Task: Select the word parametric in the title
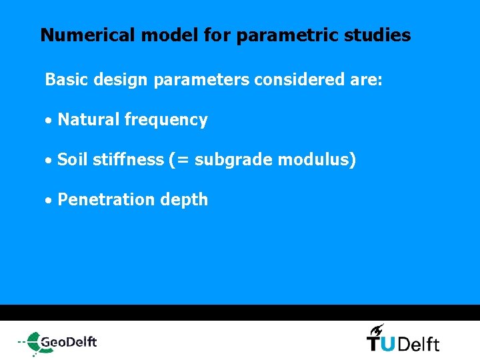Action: tap(269, 35)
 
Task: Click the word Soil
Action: tap(72, 160)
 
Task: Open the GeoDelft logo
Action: tap(58, 342)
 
